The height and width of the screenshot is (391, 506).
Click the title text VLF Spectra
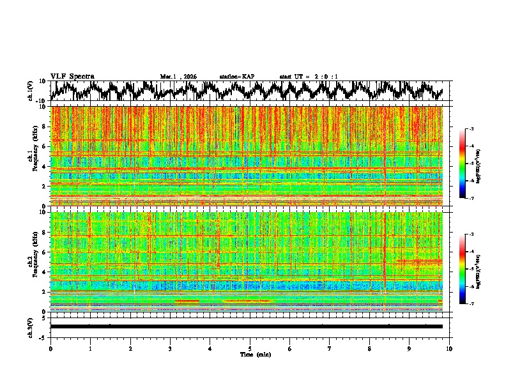(72, 76)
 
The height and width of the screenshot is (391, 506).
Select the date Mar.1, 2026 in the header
(178, 77)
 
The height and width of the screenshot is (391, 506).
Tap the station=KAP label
(236, 77)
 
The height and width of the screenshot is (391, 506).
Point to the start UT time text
(309, 77)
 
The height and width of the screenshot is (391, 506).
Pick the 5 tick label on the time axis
(250, 348)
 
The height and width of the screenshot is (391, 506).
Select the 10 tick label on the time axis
(449, 348)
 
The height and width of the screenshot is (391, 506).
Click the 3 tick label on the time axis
(170, 348)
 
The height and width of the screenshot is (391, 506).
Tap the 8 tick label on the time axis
(369, 348)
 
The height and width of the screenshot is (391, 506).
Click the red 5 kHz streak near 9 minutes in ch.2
(419, 261)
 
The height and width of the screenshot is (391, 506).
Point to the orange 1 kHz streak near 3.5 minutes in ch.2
(187, 301)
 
